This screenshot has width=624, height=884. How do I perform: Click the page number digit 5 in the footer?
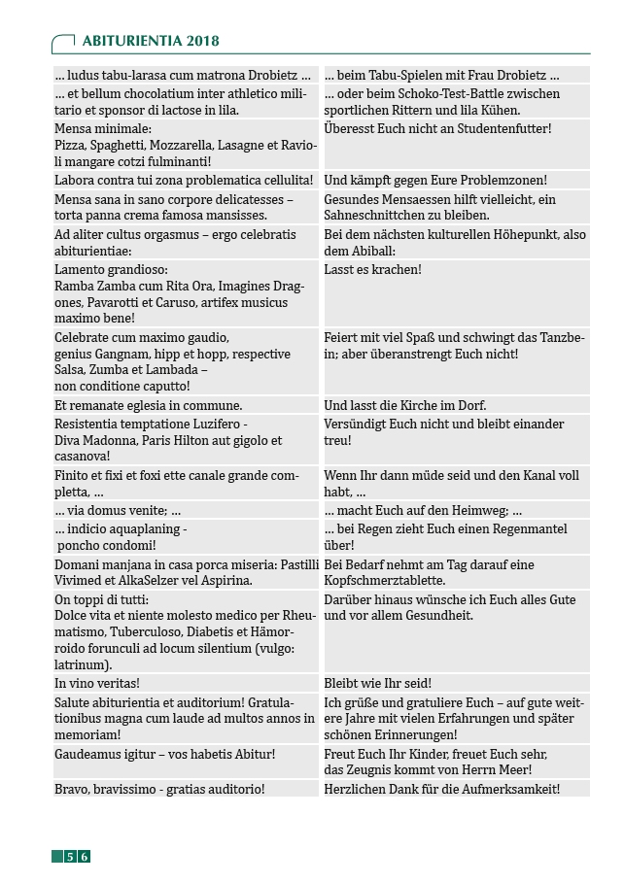[70, 856]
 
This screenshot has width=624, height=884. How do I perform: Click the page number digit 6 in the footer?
[85, 856]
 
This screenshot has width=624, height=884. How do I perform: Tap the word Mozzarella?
[182, 144]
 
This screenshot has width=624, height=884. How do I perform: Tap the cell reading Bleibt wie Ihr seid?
[378, 683]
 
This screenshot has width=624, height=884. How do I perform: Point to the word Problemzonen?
[501, 180]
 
